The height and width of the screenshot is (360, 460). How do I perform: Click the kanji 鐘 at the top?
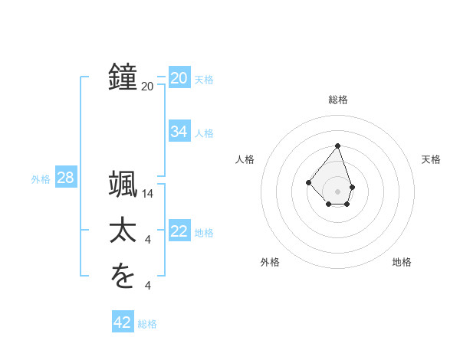123,77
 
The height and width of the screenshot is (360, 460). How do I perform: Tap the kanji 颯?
123,186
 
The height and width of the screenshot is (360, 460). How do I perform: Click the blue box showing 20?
179,78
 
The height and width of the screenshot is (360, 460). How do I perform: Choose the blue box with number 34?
179,132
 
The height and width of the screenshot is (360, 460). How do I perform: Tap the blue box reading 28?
65,178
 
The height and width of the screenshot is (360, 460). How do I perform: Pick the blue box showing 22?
179,231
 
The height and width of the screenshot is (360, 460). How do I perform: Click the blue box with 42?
123,322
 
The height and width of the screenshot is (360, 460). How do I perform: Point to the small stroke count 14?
148,195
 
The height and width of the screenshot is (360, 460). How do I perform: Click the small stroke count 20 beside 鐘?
148,87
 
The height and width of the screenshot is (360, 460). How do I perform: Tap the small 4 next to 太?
148,241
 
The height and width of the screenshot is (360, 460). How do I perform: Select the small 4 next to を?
148,286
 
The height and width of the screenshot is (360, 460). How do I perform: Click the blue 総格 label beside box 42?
147,324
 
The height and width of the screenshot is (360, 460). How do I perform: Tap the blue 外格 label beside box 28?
41,179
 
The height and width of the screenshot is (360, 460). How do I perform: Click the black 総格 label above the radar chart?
338,100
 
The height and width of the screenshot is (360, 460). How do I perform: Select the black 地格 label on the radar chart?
402,262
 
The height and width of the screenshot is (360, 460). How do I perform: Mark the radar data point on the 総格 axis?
337,146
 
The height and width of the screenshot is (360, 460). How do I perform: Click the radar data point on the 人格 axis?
308,182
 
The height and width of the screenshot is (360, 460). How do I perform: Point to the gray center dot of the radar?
337,191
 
